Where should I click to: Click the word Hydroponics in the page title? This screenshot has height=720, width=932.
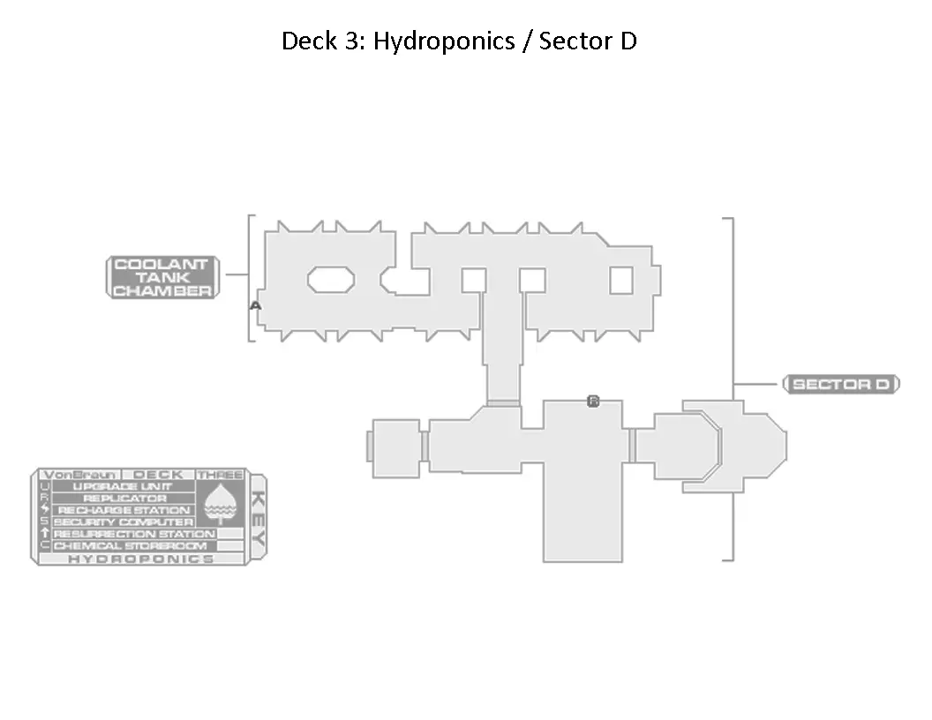coord(444,41)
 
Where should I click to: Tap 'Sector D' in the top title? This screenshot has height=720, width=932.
coord(588,41)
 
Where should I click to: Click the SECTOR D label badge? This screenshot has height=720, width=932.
coord(840,385)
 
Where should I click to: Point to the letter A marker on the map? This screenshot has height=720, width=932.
coord(255,305)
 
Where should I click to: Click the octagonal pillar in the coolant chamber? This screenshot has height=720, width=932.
coord(331,280)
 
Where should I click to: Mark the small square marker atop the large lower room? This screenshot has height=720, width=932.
coord(593,401)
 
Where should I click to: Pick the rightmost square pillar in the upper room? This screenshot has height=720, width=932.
coord(621,280)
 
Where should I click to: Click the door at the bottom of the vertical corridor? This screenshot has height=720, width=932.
coord(503,403)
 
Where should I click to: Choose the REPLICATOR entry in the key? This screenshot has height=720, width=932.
coord(124,499)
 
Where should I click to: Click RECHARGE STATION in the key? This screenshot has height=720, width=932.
coord(124,510)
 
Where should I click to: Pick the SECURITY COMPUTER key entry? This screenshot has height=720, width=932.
coord(124,522)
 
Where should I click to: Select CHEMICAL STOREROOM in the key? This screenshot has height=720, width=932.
coord(130,546)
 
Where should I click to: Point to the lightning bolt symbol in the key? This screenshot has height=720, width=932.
coord(45,510)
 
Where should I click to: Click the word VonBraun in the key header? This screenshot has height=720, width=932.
coord(79,475)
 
